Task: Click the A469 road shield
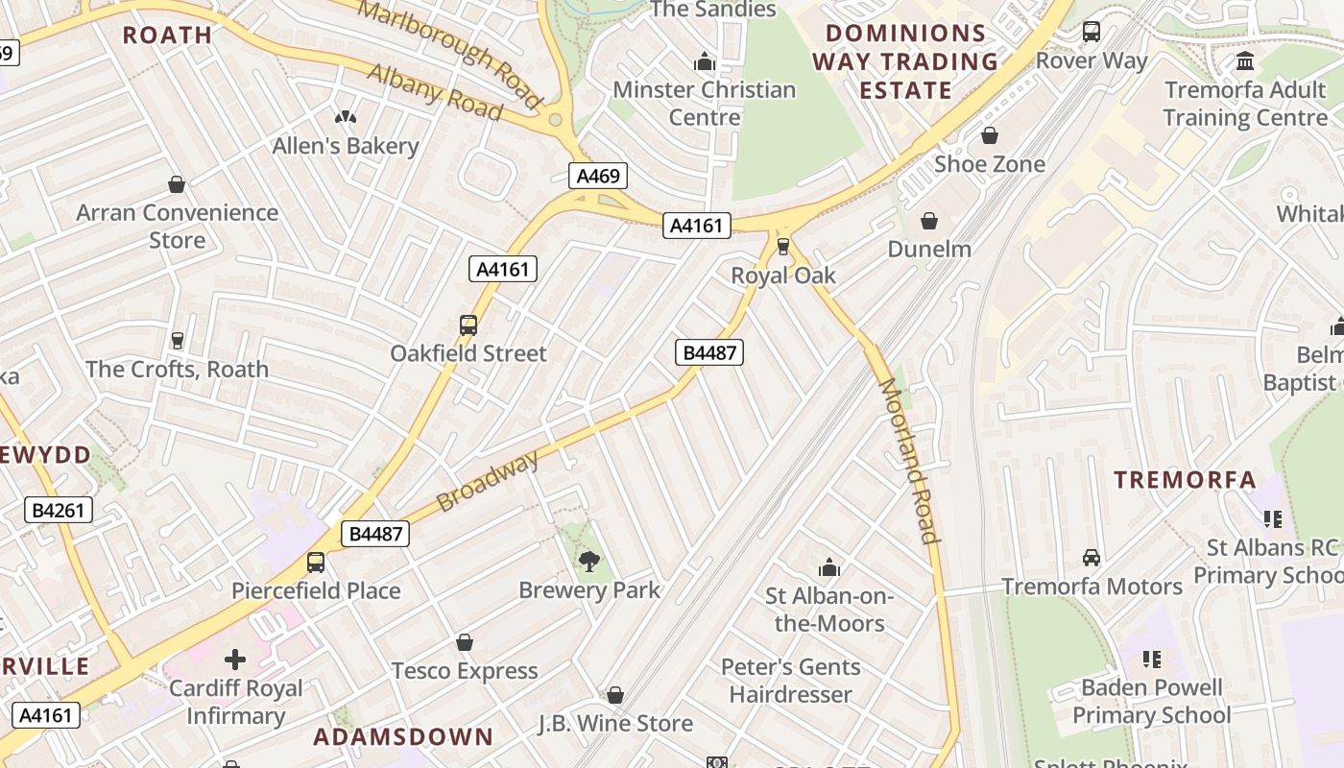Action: pos(598,176)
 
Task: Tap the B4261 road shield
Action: pos(59,510)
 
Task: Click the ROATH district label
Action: pos(168,36)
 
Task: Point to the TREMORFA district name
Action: pos(1185,479)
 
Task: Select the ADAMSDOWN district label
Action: pos(403,737)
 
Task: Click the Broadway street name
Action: pos(487,481)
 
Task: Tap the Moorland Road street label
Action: pos(907,461)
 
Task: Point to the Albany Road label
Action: pos(435,92)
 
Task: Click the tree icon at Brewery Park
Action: pos(588,562)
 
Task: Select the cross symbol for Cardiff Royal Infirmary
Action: pos(235,660)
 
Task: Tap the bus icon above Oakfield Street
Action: pos(468,325)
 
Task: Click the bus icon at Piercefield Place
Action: pos(316,563)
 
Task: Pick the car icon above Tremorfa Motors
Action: pos(1092,558)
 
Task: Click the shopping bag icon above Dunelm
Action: pos(928,222)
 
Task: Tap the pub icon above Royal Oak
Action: pos(783,248)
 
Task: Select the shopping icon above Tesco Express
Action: pos(465,642)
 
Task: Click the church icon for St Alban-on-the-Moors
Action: pos(828,567)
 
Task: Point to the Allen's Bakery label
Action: pos(346,146)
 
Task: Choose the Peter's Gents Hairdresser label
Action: pos(790,681)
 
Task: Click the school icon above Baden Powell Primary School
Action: pos(1152,660)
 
